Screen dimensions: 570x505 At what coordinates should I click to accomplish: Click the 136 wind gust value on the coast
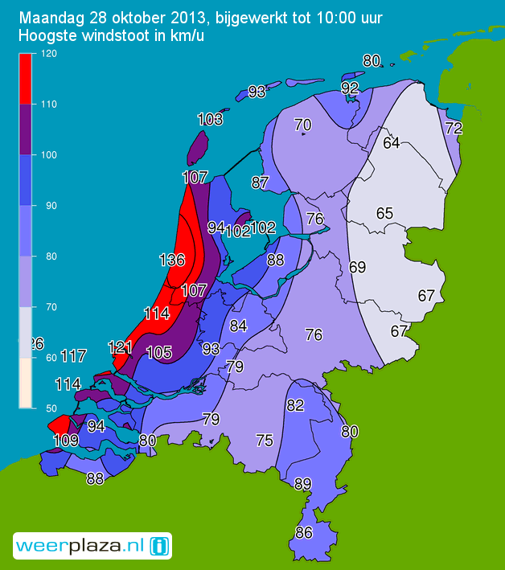(172, 260)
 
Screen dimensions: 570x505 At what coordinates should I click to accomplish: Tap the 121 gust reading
(120, 347)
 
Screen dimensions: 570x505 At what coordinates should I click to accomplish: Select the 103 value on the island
(210, 120)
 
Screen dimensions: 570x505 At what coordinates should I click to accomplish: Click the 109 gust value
(65, 441)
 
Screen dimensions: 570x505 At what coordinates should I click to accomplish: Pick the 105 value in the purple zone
(159, 352)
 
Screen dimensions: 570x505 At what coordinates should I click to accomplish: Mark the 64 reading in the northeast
(392, 144)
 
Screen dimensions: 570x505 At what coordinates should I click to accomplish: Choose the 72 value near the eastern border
(454, 128)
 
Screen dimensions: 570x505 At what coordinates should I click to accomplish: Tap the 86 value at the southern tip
(304, 532)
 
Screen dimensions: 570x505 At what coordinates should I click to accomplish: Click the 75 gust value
(265, 440)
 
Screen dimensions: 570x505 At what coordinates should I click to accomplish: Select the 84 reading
(238, 326)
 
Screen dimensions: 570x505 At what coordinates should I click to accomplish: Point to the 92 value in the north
(350, 88)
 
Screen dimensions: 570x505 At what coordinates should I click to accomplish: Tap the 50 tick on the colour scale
(42, 408)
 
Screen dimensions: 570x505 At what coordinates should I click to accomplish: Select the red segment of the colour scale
(26, 78)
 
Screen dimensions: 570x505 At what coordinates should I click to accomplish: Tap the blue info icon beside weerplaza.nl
(160, 546)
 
